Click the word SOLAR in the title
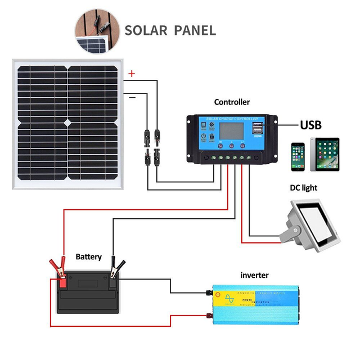point(145,30)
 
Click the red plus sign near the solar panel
point(132,74)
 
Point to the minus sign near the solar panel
point(132,97)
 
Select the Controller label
point(232,102)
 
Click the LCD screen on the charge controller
point(231,133)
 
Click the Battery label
point(89,256)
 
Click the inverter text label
point(254,275)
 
